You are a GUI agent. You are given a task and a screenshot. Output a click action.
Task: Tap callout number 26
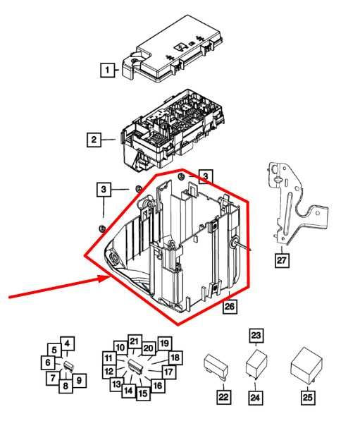pos(230,306)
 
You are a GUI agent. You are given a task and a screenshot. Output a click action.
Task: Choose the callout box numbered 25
pos(307,398)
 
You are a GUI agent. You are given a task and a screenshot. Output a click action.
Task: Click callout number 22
pos(223,398)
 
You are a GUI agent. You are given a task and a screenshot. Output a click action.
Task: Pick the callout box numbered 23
pos(256,335)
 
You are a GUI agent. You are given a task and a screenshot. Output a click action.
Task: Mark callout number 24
pos(256,398)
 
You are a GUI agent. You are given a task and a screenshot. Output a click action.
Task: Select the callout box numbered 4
pos(67,343)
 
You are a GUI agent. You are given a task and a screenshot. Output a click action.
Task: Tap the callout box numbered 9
pos(80,381)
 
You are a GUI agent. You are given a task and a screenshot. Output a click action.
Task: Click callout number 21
pos(135,341)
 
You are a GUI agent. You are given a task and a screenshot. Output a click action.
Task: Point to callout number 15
pos(143,393)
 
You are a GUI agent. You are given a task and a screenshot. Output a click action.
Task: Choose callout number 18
pos(175,358)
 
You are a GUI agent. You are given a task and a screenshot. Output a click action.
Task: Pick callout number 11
pos(108,357)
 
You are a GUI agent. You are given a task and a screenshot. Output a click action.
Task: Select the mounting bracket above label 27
pos(292,201)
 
